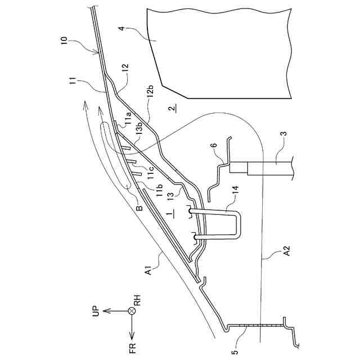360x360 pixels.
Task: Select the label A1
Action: click(149, 271)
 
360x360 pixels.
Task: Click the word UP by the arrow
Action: click(94, 310)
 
